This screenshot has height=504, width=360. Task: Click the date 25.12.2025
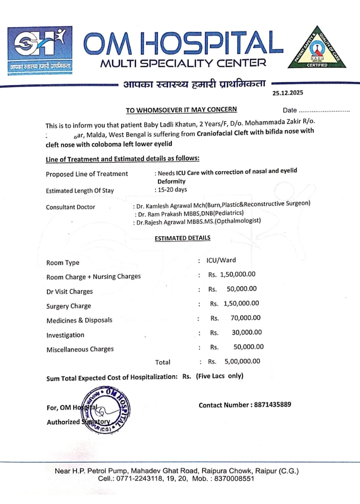point(288,93)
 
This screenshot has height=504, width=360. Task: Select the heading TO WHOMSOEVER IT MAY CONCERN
point(181,110)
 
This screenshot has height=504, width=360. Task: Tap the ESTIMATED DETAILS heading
point(182,238)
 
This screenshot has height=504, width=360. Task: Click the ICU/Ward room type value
point(221,260)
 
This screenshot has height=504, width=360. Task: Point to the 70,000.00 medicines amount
point(246,318)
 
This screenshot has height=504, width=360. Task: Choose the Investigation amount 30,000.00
point(247,332)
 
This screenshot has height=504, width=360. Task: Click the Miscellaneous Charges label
point(80,349)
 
